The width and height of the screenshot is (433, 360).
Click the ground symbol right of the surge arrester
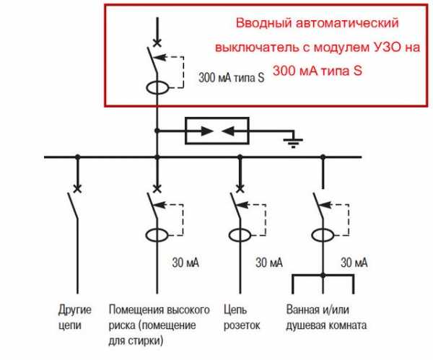coord(292,141)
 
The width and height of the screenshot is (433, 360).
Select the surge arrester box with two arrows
coord(217,131)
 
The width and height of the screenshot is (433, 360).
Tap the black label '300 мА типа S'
coord(231,76)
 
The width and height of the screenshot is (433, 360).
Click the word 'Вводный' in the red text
coord(261,25)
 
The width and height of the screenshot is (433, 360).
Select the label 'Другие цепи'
coord(75,318)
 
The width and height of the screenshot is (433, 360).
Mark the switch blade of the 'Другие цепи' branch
coord(75,207)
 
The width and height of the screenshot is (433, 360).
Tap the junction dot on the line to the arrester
coord(156,131)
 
